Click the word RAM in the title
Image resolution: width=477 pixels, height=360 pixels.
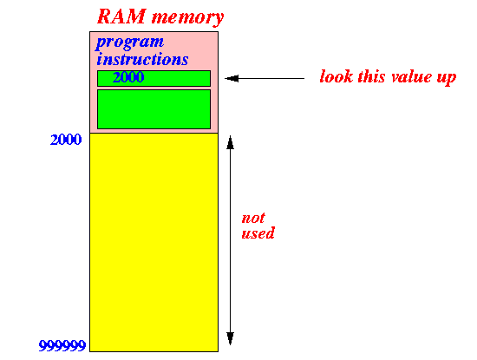click(x=121, y=16)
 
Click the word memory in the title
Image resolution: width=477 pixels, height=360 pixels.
click(x=187, y=17)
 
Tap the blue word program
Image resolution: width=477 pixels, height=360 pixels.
click(x=130, y=43)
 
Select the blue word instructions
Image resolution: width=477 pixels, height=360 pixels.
click(x=142, y=59)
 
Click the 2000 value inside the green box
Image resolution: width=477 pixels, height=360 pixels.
click(x=128, y=77)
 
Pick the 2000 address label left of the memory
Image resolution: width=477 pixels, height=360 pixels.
click(x=66, y=140)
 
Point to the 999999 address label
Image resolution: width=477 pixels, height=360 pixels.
click(x=62, y=346)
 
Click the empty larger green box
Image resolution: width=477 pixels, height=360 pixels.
click(x=154, y=109)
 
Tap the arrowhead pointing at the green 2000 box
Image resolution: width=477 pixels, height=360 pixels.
click(x=232, y=79)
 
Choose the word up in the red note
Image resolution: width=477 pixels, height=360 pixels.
click(x=447, y=78)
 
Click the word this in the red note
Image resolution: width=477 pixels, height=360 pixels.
click(x=372, y=76)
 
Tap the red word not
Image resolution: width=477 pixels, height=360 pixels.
click(x=253, y=219)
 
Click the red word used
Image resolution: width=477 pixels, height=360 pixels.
click(x=258, y=233)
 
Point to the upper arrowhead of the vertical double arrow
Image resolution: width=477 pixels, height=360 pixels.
click(x=231, y=142)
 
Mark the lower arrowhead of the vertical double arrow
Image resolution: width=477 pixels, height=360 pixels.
click(x=231, y=338)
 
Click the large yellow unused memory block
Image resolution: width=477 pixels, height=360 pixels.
click(x=154, y=242)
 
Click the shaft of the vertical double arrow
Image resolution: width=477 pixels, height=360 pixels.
click(x=231, y=240)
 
